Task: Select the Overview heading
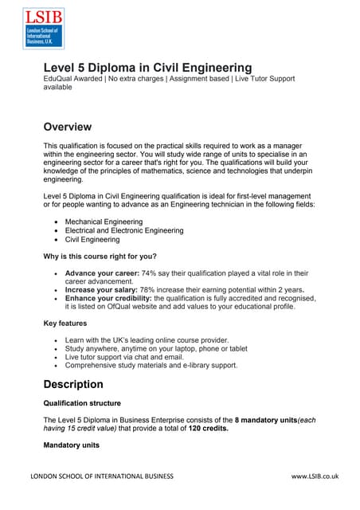[x=67, y=127]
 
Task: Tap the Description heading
[x=73, y=383]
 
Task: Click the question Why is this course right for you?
[x=100, y=256]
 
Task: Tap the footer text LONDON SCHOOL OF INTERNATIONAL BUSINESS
[x=101, y=477]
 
